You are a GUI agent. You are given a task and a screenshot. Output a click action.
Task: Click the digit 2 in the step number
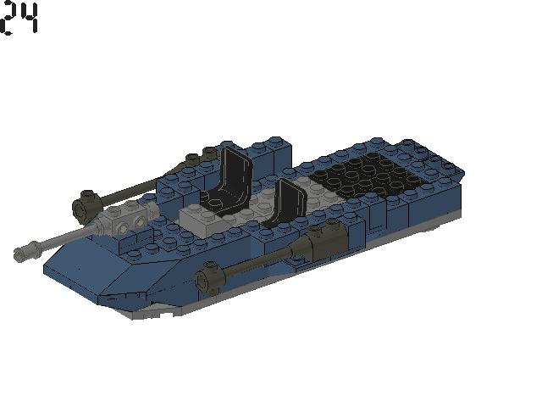point(9,19)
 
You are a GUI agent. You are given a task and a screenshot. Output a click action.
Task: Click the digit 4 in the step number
point(29,19)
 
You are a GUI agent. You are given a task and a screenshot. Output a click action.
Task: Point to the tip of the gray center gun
point(23,251)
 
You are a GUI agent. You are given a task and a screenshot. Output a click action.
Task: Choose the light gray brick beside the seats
point(201,218)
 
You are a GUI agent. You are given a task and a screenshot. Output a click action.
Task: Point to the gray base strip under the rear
point(423,227)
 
